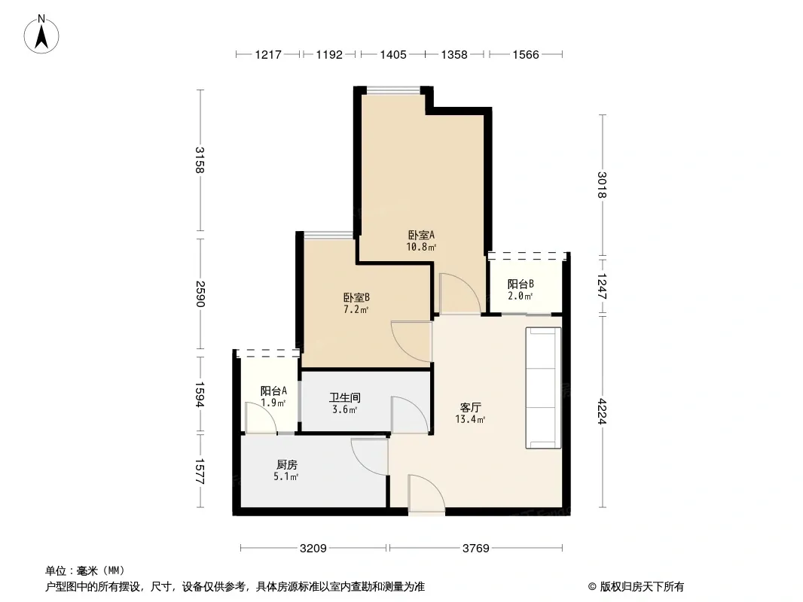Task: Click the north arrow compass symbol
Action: [x=41, y=35]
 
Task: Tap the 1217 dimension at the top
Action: [x=268, y=54]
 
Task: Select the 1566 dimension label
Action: [x=526, y=54]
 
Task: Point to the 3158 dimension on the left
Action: [x=200, y=160]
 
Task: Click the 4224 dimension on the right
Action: [x=603, y=411]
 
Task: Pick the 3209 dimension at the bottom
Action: [x=313, y=549]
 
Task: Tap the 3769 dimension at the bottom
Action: [x=476, y=549]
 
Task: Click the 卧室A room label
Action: [x=422, y=236]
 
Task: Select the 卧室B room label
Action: [x=356, y=298]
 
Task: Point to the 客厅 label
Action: [x=470, y=408]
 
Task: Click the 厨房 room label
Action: [x=287, y=465]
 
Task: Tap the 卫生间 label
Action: [x=345, y=397]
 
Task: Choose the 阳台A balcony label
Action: [x=273, y=391]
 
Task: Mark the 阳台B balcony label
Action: [x=521, y=284]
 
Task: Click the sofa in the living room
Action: [x=543, y=388]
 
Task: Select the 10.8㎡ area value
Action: [x=422, y=248]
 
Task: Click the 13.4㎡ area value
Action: [x=470, y=420]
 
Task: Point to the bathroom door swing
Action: [x=410, y=415]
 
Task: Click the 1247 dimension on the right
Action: [x=603, y=287]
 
